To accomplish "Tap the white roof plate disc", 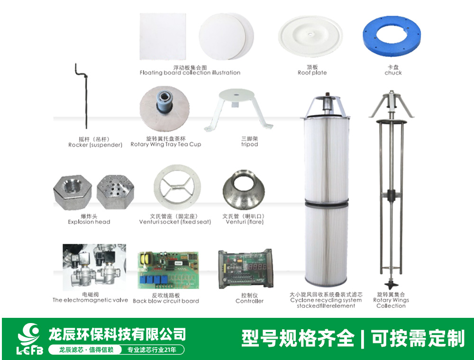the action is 310,36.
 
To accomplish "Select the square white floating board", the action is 163,36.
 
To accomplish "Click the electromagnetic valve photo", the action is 94,267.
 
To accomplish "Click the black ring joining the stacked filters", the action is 326,202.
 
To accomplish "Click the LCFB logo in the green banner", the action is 29,339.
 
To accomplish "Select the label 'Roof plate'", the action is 312,73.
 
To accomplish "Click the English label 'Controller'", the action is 249,301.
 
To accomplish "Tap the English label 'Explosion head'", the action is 89,222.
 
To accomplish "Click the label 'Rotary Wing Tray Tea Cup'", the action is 165,144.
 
